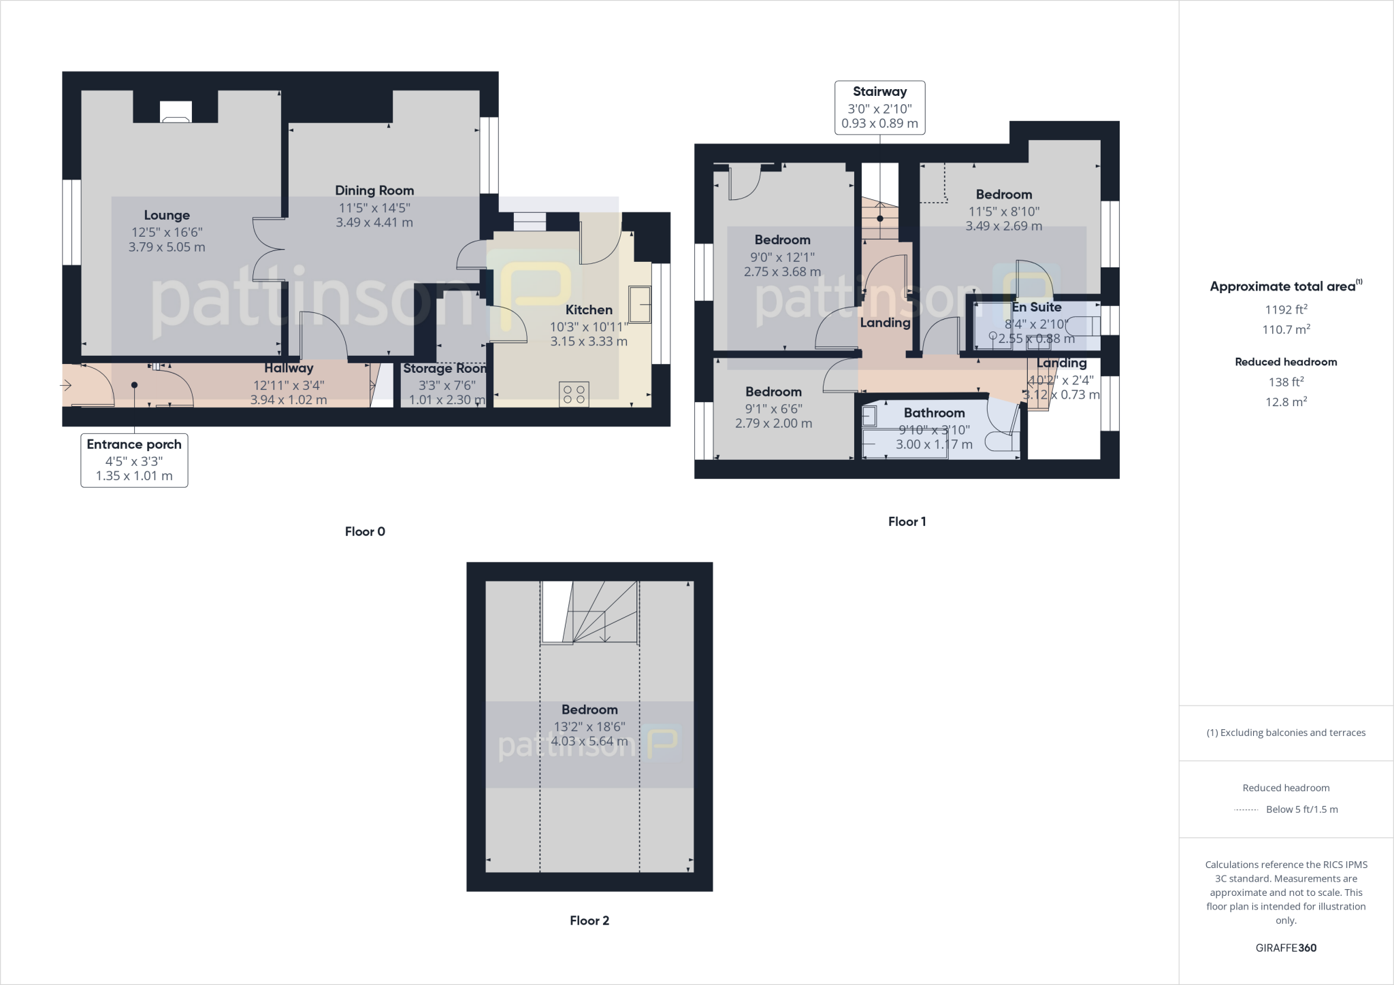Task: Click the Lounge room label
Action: (167, 216)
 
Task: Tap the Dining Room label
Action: (374, 190)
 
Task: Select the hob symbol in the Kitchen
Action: (574, 395)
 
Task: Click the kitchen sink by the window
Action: (639, 304)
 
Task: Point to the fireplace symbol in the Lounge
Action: (176, 112)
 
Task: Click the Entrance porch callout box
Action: (134, 460)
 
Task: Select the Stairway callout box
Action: (879, 107)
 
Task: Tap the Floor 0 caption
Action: (365, 532)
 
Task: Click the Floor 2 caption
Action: (589, 921)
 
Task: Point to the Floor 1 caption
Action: (907, 522)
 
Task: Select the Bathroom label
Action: (934, 413)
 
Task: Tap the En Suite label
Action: (1037, 307)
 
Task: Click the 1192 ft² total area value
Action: (1286, 310)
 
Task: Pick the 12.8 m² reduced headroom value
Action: (1286, 401)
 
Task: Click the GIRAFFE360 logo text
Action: (1286, 948)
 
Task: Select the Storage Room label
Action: (444, 369)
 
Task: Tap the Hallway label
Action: (289, 368)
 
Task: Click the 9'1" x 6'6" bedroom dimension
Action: (773, 408)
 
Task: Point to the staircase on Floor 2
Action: (590, 612)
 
